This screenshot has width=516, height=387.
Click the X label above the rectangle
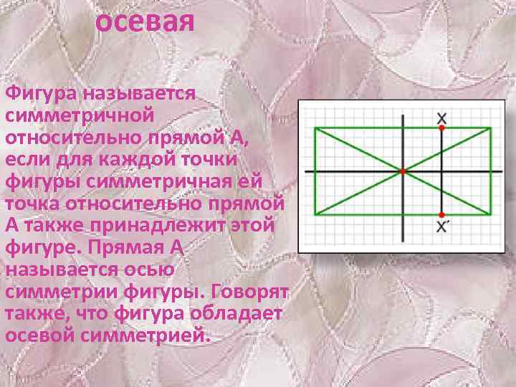click(x=441, y=117)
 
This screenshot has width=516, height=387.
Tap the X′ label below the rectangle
click(x=443, y=226)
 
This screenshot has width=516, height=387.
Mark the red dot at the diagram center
click(x=403, y=171)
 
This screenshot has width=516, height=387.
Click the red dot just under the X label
click(x=441, y=128)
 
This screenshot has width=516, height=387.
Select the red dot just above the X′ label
click(x=441, y=214)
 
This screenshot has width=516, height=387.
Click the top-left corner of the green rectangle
click(x=315, y=128)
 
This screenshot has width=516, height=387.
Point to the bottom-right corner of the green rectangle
click(x=491, y=214)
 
